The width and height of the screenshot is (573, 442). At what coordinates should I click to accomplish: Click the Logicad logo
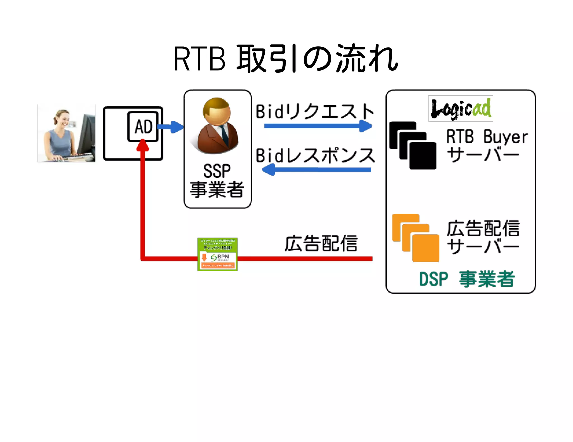click(x=461, y=109)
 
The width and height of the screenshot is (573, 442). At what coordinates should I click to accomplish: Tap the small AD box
click(x=143, y=126)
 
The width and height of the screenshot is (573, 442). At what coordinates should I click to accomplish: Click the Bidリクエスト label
click(x=314, y=111)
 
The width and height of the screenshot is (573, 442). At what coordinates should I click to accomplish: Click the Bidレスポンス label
click(x=315, y=156)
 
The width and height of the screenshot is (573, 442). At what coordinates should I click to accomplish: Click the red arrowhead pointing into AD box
click(x=143, y=145)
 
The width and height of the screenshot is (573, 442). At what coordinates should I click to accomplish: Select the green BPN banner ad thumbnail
click(x=217, y=254)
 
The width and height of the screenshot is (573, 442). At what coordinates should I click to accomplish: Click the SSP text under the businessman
click(x=217, y=171)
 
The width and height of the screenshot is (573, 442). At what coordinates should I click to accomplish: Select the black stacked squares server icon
click(x=413, y=145)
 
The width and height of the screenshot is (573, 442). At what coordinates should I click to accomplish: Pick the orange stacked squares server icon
click(x=415, y=238)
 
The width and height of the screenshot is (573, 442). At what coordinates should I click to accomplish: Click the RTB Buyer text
click(x=487, y=137)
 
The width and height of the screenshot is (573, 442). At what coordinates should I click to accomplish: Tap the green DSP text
click(x=433, y=279)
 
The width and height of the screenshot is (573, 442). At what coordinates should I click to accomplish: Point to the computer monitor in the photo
click(x=86, y=134)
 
